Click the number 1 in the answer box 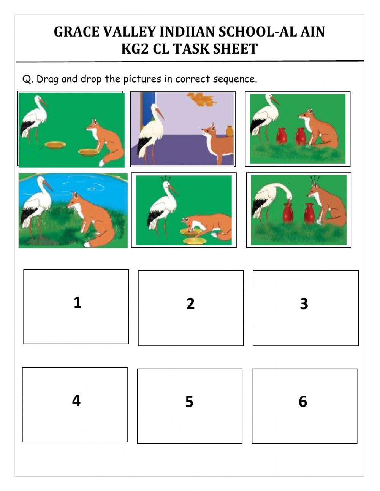click(78, 302)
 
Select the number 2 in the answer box click(190, 303)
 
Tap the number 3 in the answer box click(304, 303)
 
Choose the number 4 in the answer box click(76, 400)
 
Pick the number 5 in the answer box click(189, 402)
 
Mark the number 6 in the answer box click(303, 402)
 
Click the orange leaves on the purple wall click(201, 99)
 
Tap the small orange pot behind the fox click(229, 131)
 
